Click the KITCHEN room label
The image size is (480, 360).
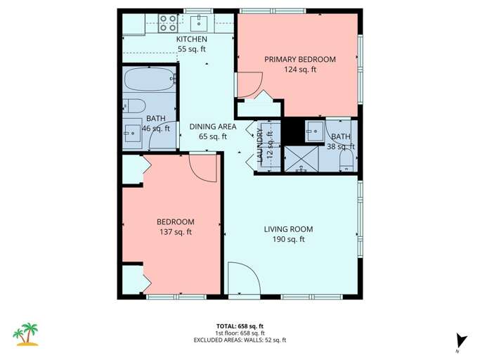coord(191,39)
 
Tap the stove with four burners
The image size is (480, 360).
coord(168,23)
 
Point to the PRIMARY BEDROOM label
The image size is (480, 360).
coord(300,59)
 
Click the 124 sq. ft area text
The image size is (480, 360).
coord(300,70)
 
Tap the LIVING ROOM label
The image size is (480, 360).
coord(288,229)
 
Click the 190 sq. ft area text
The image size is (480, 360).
coord(288,240)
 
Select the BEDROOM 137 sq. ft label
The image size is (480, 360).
coord(175,226)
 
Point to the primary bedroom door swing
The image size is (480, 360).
coord(248,85)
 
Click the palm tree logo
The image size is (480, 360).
coord(27,334)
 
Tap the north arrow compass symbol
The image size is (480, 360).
coord(460,340)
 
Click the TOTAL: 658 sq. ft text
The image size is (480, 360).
coord(240,326)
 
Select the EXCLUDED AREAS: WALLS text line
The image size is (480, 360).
coord(240,340)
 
